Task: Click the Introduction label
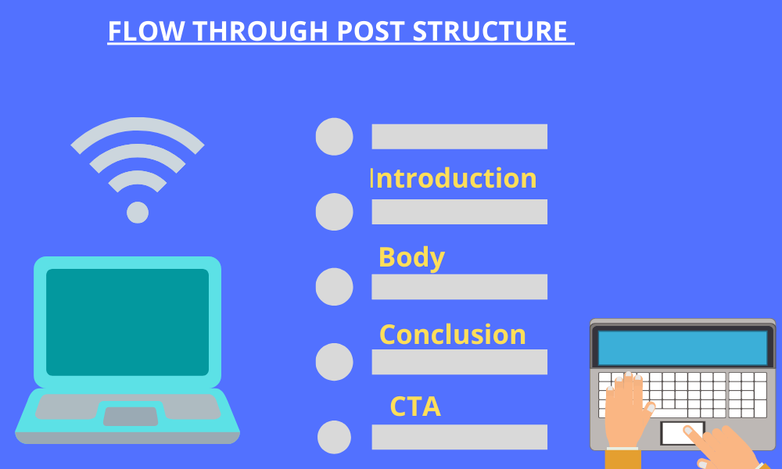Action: (454, 178)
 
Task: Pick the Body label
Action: (411, 257)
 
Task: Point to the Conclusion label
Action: (452, 335)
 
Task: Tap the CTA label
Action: (415, 406)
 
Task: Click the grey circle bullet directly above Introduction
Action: (334, 137)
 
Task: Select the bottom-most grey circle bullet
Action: (334, 437)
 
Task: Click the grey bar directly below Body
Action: (459, 287)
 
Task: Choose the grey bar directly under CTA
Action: (459, 437)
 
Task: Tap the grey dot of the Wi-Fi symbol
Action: (138, 212)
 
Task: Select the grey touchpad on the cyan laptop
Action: (130, 416)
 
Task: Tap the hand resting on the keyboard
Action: (626, 406)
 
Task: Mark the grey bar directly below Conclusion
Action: (459, 362)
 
